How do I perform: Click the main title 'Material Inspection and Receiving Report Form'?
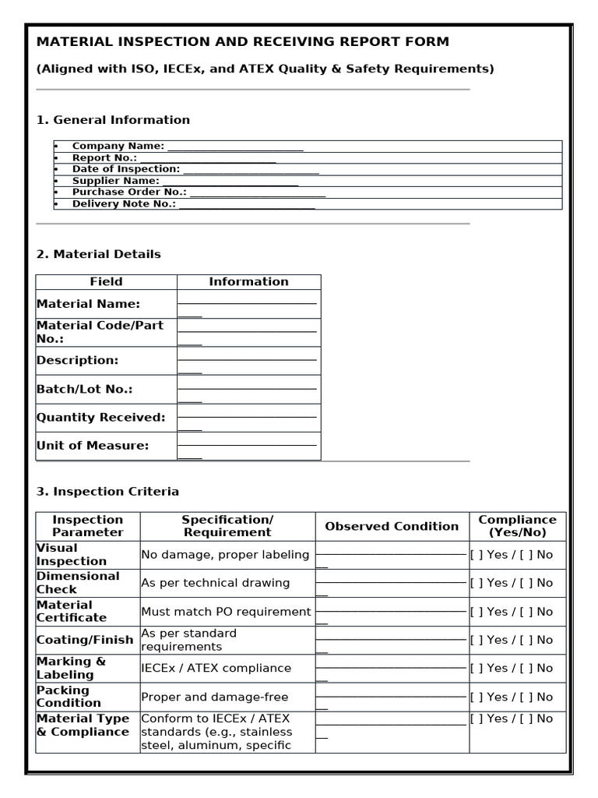click(x=243, y=42)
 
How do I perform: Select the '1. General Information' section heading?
click(x=113, y=120)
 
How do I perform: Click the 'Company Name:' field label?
click(x=118, y=146)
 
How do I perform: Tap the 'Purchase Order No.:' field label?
click(x=129, y=192)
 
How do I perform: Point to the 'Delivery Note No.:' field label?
click(x=124, y=203)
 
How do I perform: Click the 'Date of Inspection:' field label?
click(x=125, y=169)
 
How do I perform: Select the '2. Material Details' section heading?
click(x=99, y=254)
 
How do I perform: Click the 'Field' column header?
click(x=106, y=282)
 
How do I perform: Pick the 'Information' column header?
click(x=248, y=282)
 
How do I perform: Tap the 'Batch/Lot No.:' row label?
click(x=85, y=389)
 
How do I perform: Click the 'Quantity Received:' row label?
click(x=101, y=418)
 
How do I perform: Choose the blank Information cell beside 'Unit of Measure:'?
click(x=248, y=447)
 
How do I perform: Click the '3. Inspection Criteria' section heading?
click(x=107, y=492)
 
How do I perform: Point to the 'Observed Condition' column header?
click(x=392, y=527)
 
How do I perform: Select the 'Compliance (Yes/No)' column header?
click(x=517, y=527)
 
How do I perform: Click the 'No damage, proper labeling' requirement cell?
click(x=226, y=555)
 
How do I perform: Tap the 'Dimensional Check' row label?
click(x=78, y=583)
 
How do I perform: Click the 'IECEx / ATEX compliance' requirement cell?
click(x=216, y=668)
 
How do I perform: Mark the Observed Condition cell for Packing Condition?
click(x=391, y=697)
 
